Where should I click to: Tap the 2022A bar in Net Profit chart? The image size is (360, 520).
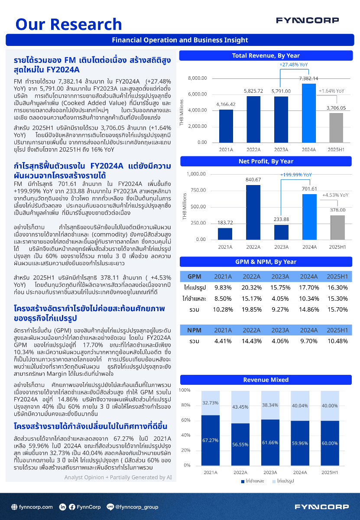click(x=253, y=212)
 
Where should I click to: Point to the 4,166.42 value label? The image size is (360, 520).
click(x=226, y=104)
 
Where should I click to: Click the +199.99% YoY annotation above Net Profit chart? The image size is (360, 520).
click(x=296, y=175)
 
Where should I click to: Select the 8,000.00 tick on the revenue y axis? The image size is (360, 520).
click(x=197, y=78)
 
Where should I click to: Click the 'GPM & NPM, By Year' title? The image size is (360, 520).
click(x=266, y=262)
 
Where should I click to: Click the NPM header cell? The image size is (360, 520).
click(x=194, y=330)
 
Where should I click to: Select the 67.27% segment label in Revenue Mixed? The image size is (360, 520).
click(x=210, y=440)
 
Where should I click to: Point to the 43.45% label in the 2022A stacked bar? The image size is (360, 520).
click(x=240, y=407)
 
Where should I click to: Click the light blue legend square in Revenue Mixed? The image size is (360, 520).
click(x=274, y=481)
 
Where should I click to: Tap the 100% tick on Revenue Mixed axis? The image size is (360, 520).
click(x=185, y=390)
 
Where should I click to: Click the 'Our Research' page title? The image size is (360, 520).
click(x=68, y=24)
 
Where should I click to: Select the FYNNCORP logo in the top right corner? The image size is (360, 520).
click(x=307, y=20)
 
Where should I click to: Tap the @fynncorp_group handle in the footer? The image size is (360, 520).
click(x=136, y=507)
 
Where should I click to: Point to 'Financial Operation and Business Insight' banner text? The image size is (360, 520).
click(x=180, y=40)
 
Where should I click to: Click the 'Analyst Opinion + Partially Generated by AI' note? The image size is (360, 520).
click(x=118, y=477)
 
